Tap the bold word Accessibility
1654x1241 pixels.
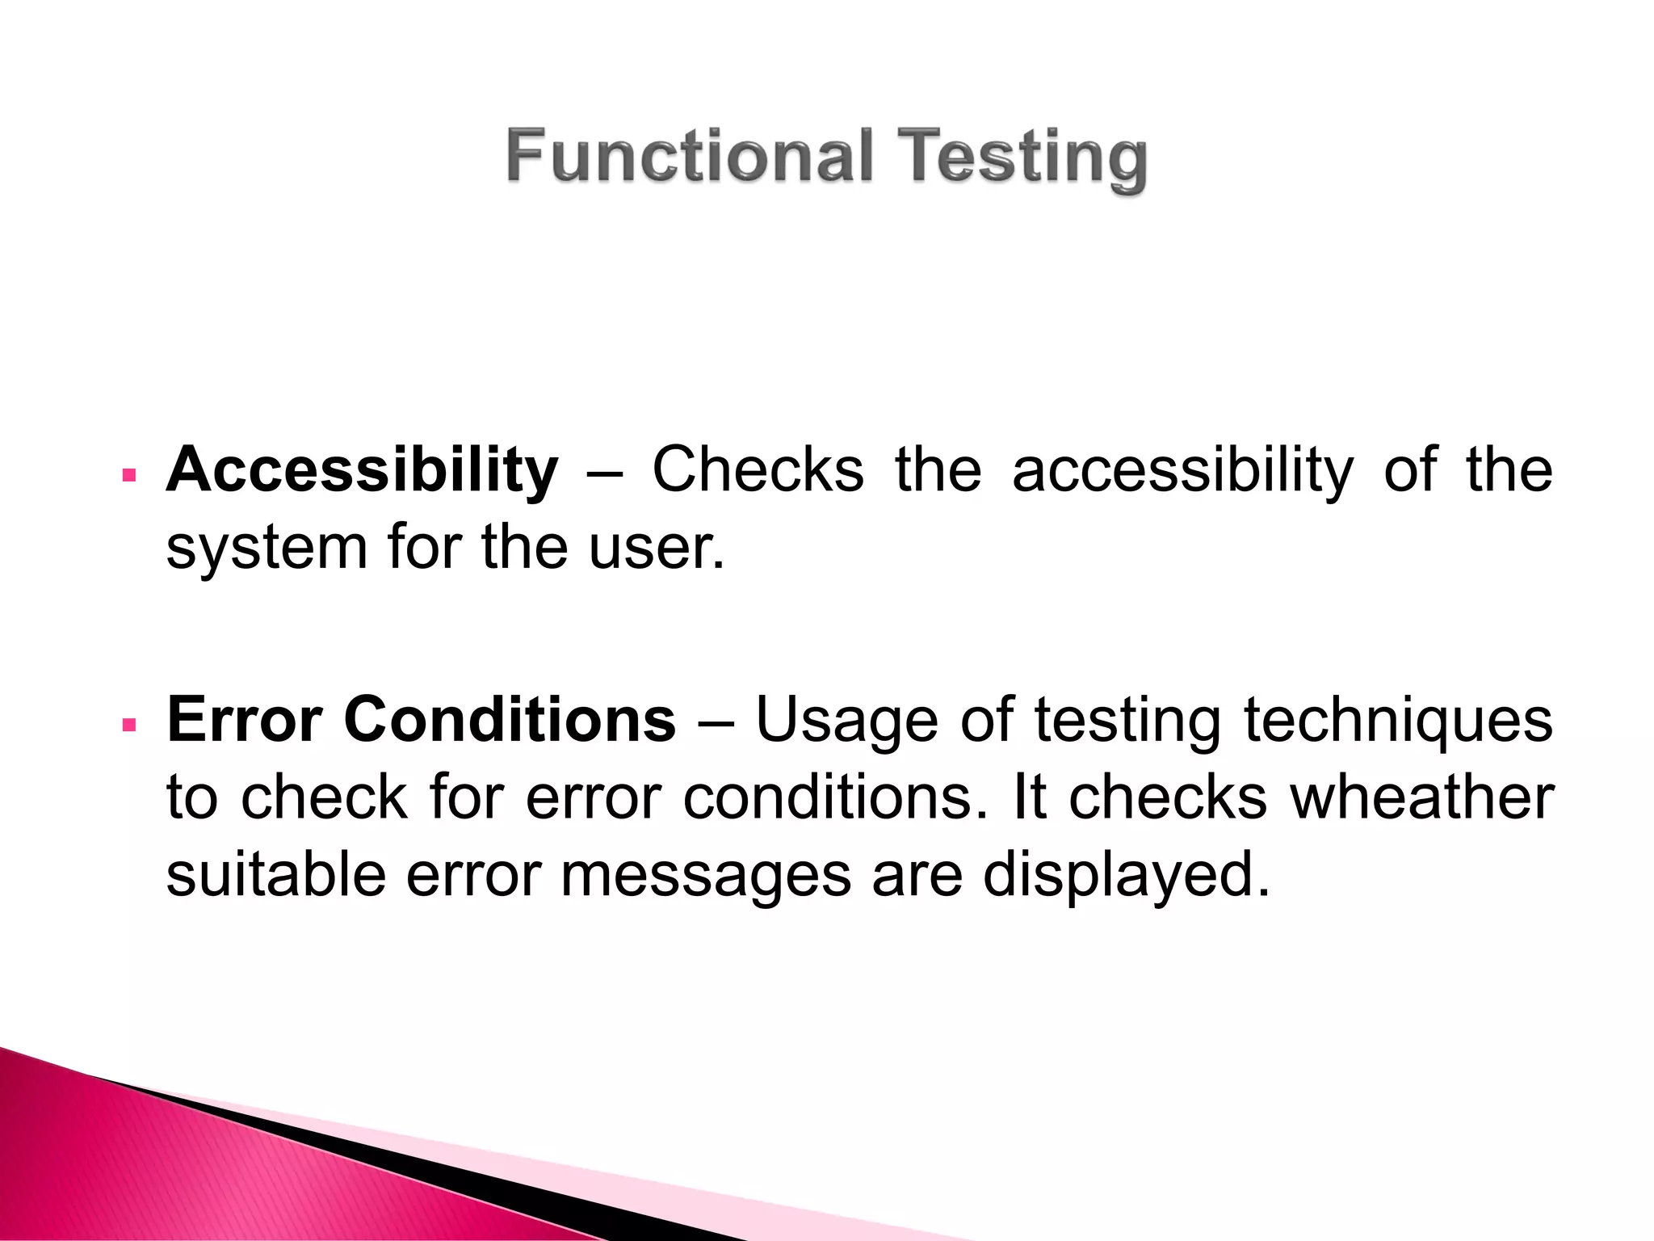(x=362, y=469)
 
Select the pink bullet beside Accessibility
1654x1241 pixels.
(x=128, y=475)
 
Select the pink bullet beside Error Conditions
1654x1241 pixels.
(x=128, y=725)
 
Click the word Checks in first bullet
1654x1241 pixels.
(x=758, y=469)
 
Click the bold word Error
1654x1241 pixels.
(x=245, y=719)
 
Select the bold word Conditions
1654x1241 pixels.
(x=510, y=719)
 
